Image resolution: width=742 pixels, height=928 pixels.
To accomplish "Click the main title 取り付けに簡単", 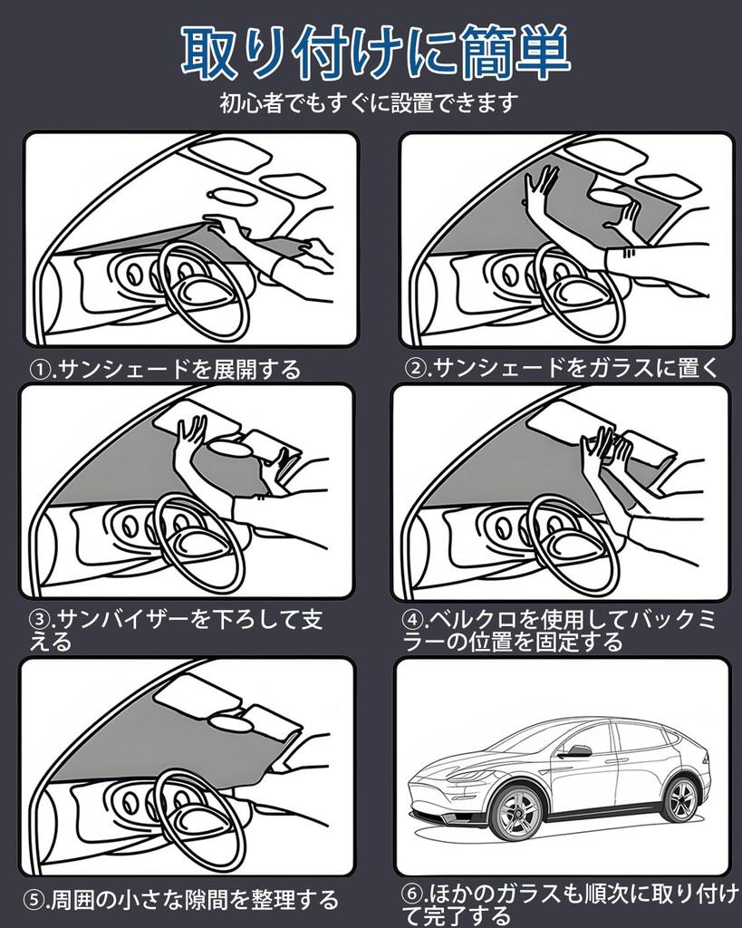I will (x=374, y=53).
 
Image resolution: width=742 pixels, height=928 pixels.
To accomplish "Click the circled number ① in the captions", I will (x=38, y=369).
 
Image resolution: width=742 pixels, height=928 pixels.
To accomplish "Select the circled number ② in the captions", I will (x=415, y=367).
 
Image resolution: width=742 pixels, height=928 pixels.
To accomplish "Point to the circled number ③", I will (x=39, y=620).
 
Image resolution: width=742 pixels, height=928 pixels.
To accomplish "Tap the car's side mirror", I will (x=577, y=750).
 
